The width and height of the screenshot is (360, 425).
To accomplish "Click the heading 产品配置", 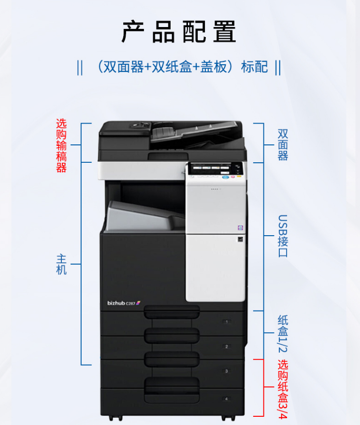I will (x=179, y=32).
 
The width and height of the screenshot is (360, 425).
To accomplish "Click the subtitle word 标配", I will (x=255, y=67).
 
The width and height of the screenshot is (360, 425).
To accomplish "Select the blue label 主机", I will (x=61, y=264).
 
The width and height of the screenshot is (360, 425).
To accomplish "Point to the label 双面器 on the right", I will (x=283, y=144).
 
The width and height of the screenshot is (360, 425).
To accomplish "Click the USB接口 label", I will (x=283, y=236).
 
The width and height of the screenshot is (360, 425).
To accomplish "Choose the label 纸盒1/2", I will (x=283, y=333).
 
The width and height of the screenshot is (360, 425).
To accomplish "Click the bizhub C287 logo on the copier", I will (x=123, y=303).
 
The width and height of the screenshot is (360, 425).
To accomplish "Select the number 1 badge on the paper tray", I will (x=226, y=321).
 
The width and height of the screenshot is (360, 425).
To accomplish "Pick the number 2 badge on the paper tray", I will (x=226, y=346).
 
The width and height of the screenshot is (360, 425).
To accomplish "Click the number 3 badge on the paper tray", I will (x=226, y=371).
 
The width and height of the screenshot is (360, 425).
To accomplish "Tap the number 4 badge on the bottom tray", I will (x=226, y=399).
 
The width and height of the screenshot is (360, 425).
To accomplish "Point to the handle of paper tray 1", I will (x=172, y=312).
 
